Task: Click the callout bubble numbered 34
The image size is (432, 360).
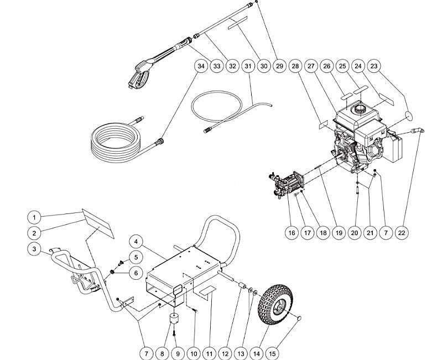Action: pos(201,66)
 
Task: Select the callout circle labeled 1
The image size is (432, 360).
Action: pos(34,217)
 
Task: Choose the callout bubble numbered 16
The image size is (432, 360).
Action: pos(292,233)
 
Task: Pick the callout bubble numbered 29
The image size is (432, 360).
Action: pos(279,66)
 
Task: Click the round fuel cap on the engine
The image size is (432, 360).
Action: pos(361,107)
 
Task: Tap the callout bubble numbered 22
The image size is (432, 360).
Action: pos(402,233)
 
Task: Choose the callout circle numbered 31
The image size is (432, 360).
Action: pos(248,66)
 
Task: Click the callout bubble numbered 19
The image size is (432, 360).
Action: pos(339,233)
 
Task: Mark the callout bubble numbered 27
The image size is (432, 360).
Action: pos(311,66)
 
